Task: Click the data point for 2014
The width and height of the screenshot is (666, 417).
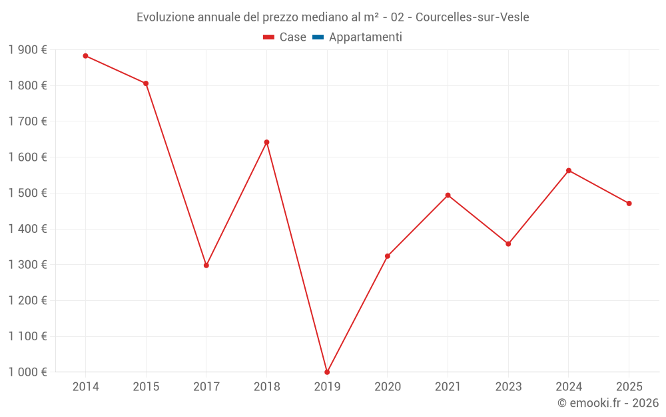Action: click(x=85, y=56)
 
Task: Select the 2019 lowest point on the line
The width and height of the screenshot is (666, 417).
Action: click(x=327, y=372)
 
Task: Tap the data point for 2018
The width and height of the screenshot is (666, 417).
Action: click(x=266, y=142)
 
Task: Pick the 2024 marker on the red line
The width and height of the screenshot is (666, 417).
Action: click(x=569, y=171)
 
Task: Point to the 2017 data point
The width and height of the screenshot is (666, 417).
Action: click(x=206, y=266)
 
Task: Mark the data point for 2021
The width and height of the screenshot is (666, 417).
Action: click(x=448, y=195)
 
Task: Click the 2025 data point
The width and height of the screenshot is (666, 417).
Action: click(x=629, y=203)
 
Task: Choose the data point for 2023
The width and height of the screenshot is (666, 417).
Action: click(x=508, y=244)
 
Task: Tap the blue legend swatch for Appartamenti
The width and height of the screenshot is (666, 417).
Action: click(x=318, y=37)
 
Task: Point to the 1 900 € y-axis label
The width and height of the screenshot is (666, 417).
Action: click(x=27, y=50)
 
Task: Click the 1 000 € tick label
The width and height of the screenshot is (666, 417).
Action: click(x=27, y=372)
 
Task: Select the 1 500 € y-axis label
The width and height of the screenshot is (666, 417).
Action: click(x=27, y=193)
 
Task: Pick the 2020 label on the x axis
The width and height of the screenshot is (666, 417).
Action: click(x=388, y=387)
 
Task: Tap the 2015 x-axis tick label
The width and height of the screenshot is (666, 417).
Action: click(x=146, y=387)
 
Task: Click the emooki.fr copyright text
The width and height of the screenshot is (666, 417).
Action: click(x=608, y=403)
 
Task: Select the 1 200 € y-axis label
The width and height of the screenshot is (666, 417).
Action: click(x=27, y=301)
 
